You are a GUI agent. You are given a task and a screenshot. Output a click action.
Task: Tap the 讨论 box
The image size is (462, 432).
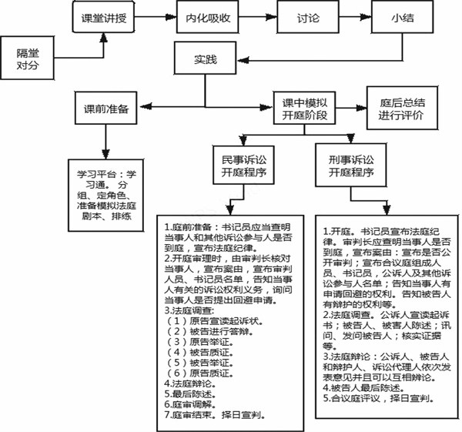point(313,17)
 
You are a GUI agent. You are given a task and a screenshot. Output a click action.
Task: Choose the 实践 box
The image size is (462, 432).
point(204,58)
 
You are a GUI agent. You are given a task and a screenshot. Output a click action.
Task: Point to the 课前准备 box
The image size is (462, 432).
point(107,109)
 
